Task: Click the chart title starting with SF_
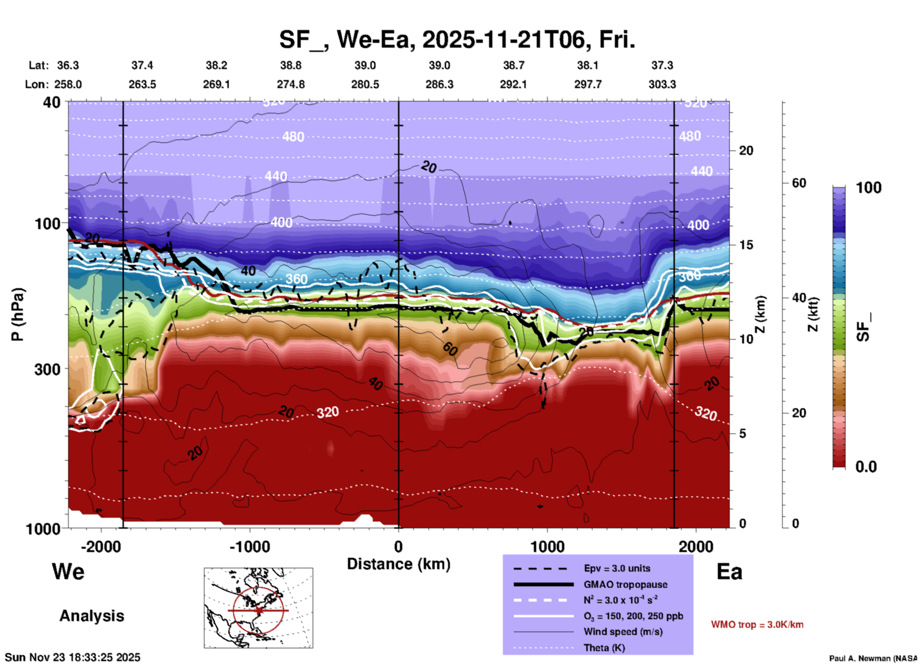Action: [457, 40]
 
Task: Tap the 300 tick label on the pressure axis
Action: [47, 369]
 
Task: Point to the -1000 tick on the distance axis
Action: [250, 546]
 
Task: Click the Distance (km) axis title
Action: [398, 564]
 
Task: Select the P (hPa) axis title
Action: [17, 314]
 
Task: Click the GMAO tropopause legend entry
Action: [625, 584]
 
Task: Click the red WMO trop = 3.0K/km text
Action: [757, 624]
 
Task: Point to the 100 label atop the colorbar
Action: [868, 188]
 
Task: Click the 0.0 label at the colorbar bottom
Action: [866, 467]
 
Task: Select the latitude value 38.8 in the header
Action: [290, 65]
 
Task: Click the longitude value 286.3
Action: [439, 84]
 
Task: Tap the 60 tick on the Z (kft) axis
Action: [799, 183]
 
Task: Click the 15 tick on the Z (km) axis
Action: [746, 245]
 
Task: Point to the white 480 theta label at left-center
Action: [293, 137]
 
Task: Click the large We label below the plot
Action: [68, 571]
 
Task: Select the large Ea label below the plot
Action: [729, 572]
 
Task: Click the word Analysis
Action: [92, 615]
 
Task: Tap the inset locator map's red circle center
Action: [258, 610]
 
